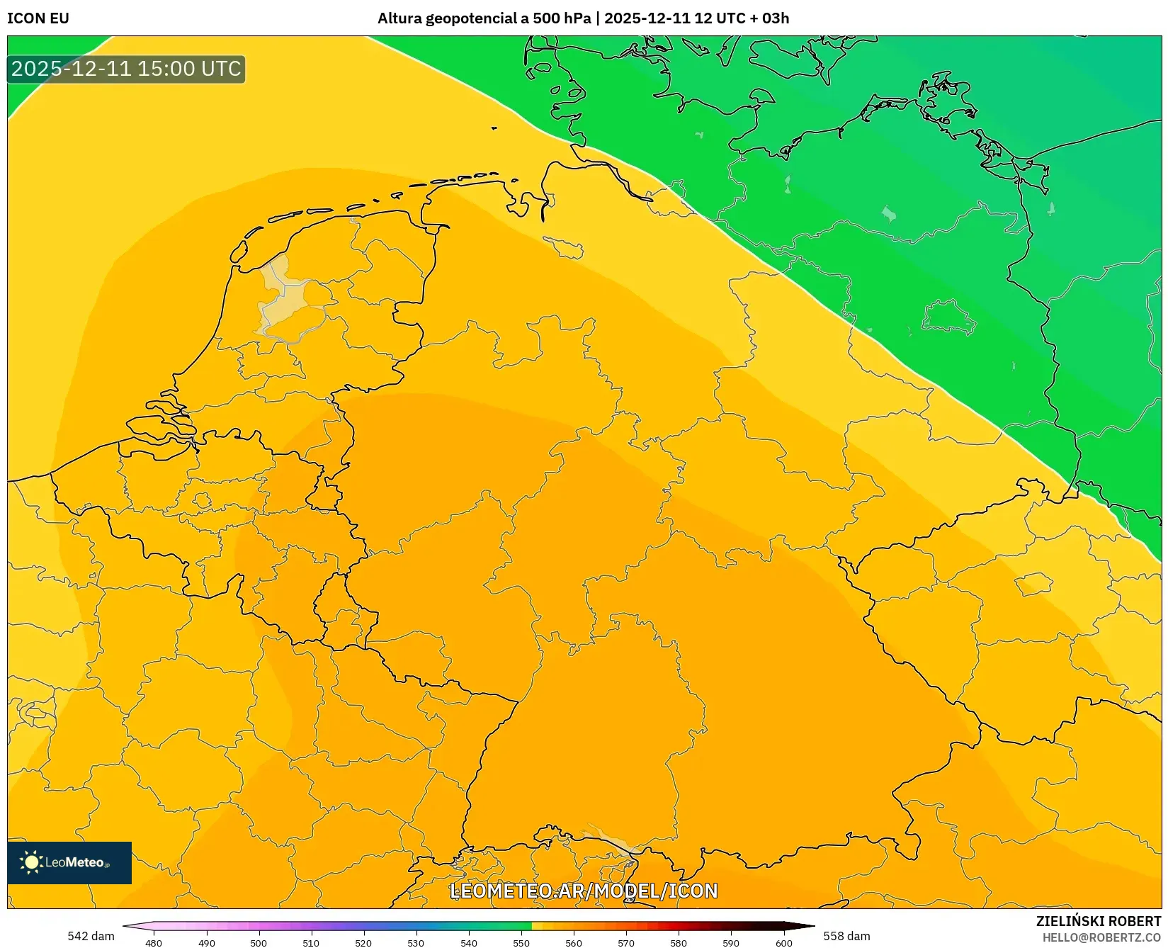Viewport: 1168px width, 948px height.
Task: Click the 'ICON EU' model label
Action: point(38,18)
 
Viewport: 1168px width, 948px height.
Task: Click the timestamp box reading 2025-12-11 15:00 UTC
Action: point(126,69)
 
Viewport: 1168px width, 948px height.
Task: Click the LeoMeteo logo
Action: point(69,862)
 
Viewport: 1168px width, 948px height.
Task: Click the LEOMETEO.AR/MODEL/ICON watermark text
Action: point(584,891)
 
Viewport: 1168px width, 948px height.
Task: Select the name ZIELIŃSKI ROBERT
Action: point(1098,921)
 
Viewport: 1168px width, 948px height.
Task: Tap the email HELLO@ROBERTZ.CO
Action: point(1101,937)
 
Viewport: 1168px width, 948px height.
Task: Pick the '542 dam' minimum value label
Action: point(91,936)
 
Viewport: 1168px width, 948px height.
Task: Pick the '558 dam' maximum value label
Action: point(846,936)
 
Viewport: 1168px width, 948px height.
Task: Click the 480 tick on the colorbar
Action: point(154,942)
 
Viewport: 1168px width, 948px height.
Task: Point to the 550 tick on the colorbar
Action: point(521,942)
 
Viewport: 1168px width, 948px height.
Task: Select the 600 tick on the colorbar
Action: point(783,942)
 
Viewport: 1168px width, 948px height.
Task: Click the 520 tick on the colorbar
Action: point(363,942)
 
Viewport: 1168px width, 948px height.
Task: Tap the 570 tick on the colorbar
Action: point(626,942)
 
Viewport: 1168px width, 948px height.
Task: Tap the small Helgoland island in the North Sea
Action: point(494,128)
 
